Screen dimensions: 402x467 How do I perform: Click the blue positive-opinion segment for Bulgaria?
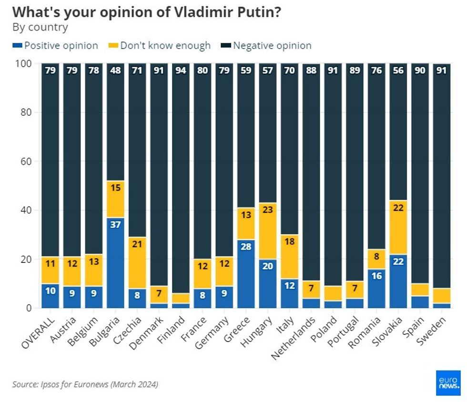pyautogui.click(x=115, y=262)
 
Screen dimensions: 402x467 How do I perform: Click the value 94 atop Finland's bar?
pyautogui.click(x=181, y=70)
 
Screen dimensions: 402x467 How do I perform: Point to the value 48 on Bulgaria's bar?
pyautogui.click(x=115, y=70)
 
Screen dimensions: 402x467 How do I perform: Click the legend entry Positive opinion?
pyautogui.click(x=55, y=46)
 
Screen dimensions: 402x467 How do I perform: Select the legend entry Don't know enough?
pyautogui.click(x=160, y=46)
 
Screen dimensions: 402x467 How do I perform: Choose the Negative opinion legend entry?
pyautogui.click(x=267, y=46)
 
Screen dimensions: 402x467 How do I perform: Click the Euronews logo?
pyautogui.click(x=448, y=382)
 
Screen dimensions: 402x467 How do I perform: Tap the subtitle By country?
pyautogui.click(x=40, y=27)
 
